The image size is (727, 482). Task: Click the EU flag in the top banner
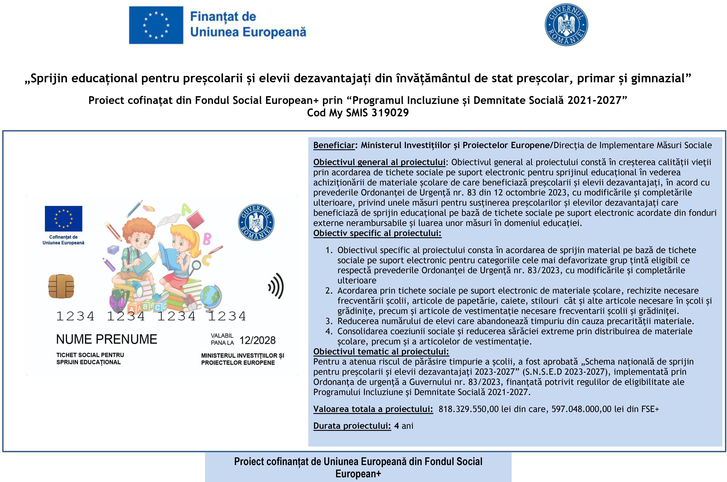(156, 25)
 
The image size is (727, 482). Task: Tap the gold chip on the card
(61, 286)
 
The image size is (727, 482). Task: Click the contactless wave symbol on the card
(276, 286)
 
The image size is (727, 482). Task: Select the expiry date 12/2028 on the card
(257, 340)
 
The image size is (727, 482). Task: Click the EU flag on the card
(64, 218)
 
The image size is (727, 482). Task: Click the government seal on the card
(256, 222)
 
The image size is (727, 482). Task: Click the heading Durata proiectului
(352, 426)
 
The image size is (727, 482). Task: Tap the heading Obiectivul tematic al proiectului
(381, 352)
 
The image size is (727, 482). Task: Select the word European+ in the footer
(358, 474)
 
